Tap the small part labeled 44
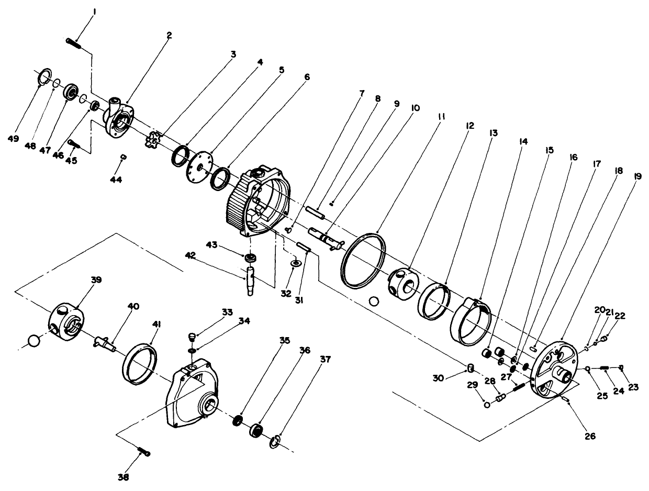[x=124, y=156]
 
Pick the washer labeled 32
[x=296, y=263]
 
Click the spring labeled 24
[x=604, y=368]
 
